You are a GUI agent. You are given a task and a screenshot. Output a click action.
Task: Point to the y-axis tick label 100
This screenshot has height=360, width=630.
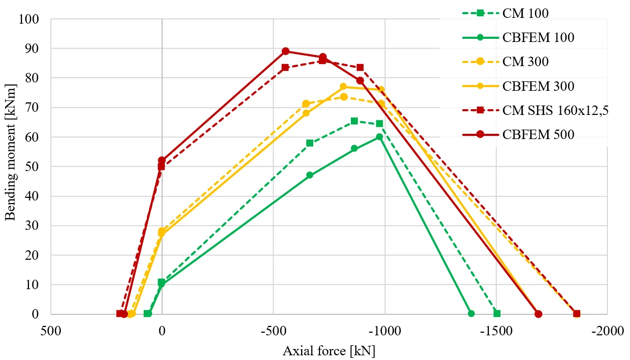coord(29,19)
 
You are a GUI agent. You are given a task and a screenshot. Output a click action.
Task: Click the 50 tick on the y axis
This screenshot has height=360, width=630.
coord(32,167)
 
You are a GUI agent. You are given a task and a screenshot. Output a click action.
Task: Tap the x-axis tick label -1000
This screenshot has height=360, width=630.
coord(385,331)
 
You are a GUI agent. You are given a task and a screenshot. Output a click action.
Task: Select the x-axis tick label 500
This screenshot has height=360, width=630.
coord(51,331)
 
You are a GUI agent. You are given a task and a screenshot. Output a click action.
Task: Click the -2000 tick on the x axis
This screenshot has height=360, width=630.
coord(607,331)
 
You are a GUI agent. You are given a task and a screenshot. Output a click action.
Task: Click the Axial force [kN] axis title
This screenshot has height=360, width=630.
coord(329,351)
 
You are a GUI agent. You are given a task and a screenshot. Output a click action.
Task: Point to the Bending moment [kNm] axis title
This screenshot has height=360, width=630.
coord(10,152)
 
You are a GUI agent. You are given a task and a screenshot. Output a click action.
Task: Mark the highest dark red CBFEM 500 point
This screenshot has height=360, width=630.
coord(285,51)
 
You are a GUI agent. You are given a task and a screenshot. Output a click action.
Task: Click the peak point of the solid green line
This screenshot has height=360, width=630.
coord(379,137)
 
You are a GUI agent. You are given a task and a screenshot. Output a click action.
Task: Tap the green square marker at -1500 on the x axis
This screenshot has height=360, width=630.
coord(497,314)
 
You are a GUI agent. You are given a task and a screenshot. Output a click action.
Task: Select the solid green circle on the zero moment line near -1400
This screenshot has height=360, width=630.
coord(471,314)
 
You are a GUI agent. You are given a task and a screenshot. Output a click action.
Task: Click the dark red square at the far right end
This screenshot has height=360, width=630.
coord(576,314)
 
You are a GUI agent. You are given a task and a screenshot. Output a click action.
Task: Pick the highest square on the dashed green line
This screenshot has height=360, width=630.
coord(355,121)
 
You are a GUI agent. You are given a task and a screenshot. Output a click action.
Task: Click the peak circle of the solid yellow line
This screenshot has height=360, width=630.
coord(344,87)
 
